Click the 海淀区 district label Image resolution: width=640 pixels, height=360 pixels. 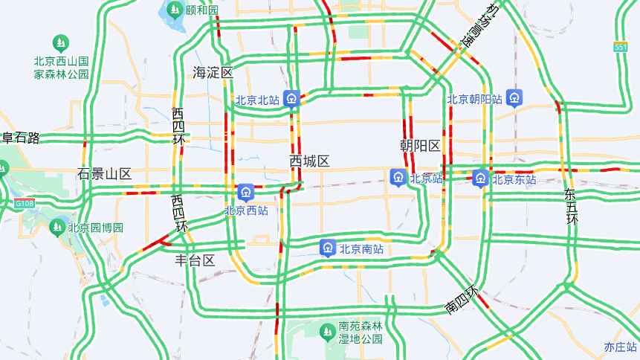coord(213,73)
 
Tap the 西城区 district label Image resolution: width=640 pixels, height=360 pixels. coord(309,161)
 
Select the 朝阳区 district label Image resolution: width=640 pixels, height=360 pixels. coord(420,145)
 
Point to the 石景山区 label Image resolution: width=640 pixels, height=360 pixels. coord(105,174)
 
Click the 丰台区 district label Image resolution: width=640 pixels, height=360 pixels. coord(195,260)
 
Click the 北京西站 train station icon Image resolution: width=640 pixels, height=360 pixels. coord(245,193)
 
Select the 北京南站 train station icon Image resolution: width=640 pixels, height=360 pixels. coord(327,248)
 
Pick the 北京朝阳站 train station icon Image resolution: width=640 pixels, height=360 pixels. coord(514,97)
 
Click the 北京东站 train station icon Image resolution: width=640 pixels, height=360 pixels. coord(480,179)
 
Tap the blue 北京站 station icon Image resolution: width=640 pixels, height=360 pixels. coord(398,178)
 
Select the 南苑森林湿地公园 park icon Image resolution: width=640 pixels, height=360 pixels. coord(327,332)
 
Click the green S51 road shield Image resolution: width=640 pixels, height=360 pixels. coord(621,47)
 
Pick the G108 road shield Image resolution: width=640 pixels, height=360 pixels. coord(24,203)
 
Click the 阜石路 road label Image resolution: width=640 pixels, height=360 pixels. coord(20,138)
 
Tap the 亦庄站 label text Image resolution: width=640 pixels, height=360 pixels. coord(621,347)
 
